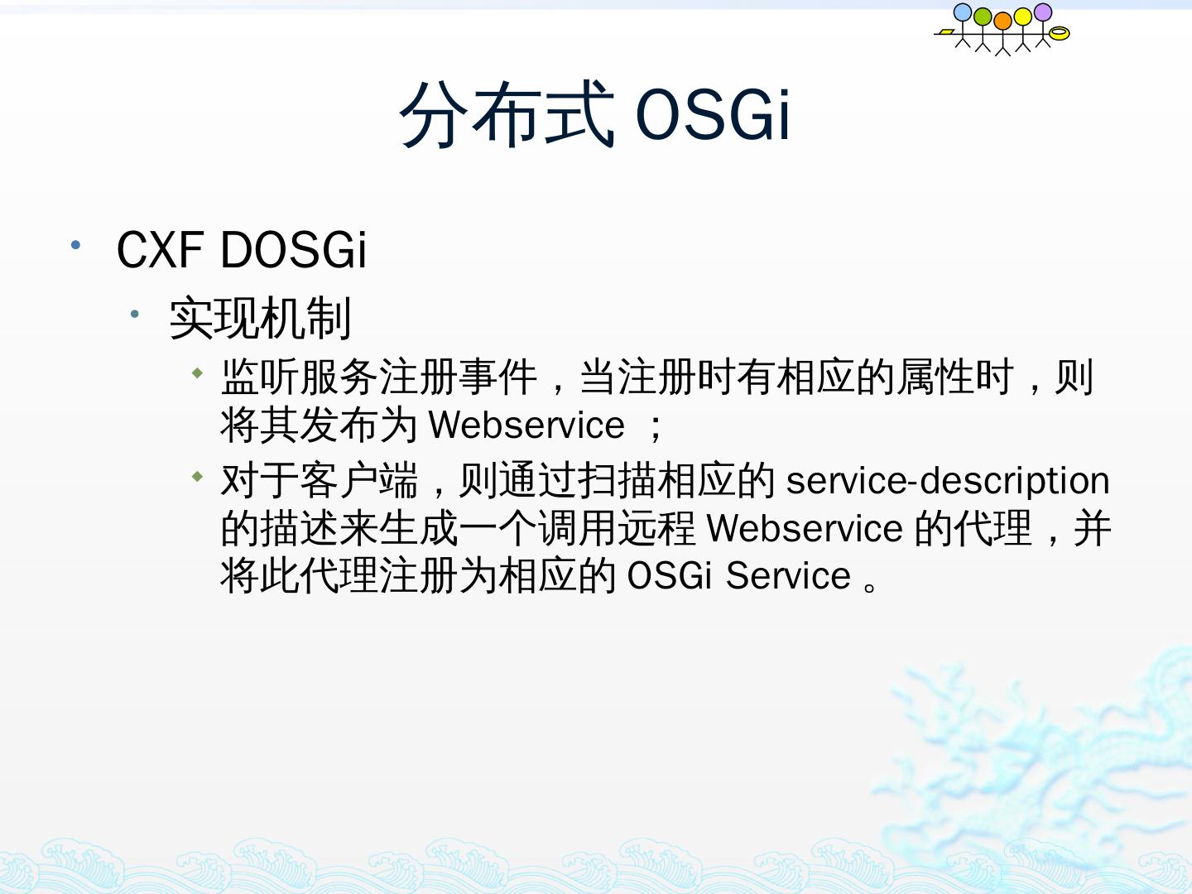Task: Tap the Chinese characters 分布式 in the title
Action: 507,113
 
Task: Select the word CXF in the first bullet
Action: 161,249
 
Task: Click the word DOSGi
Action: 294,249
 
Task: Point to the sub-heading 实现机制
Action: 260,318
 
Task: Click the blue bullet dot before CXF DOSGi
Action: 75,245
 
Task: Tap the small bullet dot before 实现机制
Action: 135,314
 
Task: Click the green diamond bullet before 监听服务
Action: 198,372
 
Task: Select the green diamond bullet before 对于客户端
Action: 198,477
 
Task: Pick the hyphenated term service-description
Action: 948,481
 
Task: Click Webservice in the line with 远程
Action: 805,528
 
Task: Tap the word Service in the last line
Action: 788,575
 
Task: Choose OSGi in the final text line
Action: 669,575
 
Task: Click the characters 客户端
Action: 358,480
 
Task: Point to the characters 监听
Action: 260,376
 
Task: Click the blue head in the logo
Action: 962,12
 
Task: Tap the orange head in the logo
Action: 1002,21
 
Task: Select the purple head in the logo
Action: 1043,12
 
